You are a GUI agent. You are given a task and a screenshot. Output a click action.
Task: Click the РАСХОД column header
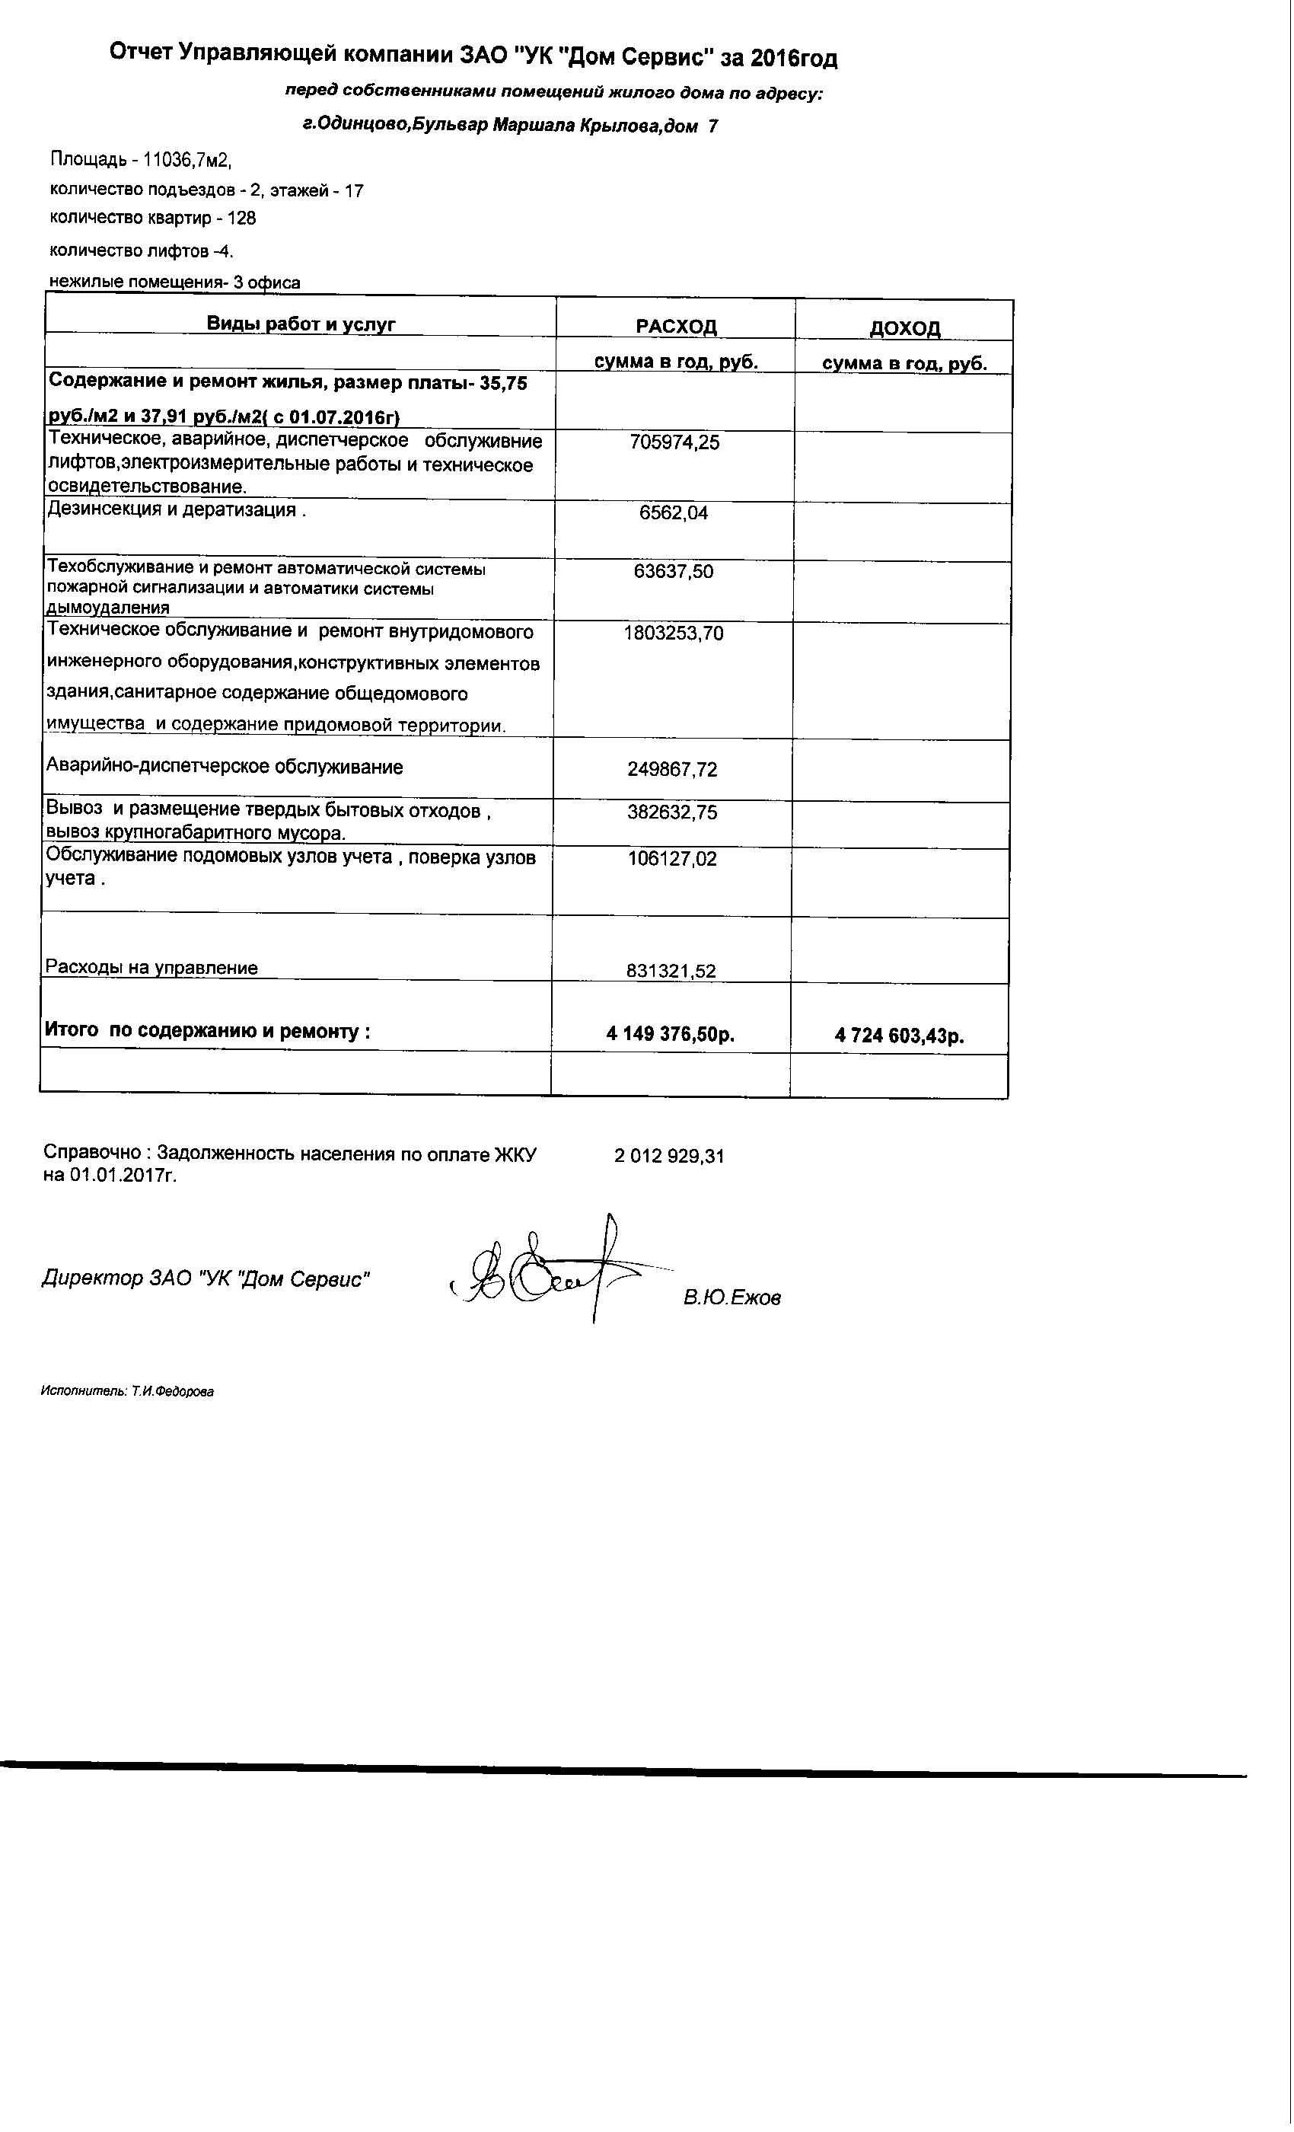(676, 326)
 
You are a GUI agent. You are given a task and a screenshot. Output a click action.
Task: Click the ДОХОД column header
(904, 328)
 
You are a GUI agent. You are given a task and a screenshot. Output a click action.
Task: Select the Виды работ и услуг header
(300, 324)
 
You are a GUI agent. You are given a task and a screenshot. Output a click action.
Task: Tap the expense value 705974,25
(674, 443)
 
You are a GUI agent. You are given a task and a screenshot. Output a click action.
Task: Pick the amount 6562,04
(673, 513)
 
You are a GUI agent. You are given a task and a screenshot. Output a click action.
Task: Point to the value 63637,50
(673, 572)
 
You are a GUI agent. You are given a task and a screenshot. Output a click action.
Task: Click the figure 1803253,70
(673, 634)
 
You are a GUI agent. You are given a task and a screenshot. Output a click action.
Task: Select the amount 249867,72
(672, 769)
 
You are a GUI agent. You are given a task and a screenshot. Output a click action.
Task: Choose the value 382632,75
(672, 812)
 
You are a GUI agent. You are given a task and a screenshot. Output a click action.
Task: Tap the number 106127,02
(672, 859)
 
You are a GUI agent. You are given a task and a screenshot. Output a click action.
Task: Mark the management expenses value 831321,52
(671, 971)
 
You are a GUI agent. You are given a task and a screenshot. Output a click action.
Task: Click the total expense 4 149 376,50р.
(671, 1034)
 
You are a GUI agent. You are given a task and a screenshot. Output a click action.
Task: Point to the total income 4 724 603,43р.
(900, 1036)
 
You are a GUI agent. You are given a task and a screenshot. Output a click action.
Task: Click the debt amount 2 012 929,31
(668, 1156)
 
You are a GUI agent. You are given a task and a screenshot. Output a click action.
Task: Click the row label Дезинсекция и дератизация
(176, 509)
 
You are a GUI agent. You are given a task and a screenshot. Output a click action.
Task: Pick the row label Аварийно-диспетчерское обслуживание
(224, 767)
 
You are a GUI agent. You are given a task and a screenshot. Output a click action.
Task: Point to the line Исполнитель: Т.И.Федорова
(127, 1392)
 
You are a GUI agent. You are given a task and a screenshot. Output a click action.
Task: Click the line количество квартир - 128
(153, 218)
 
